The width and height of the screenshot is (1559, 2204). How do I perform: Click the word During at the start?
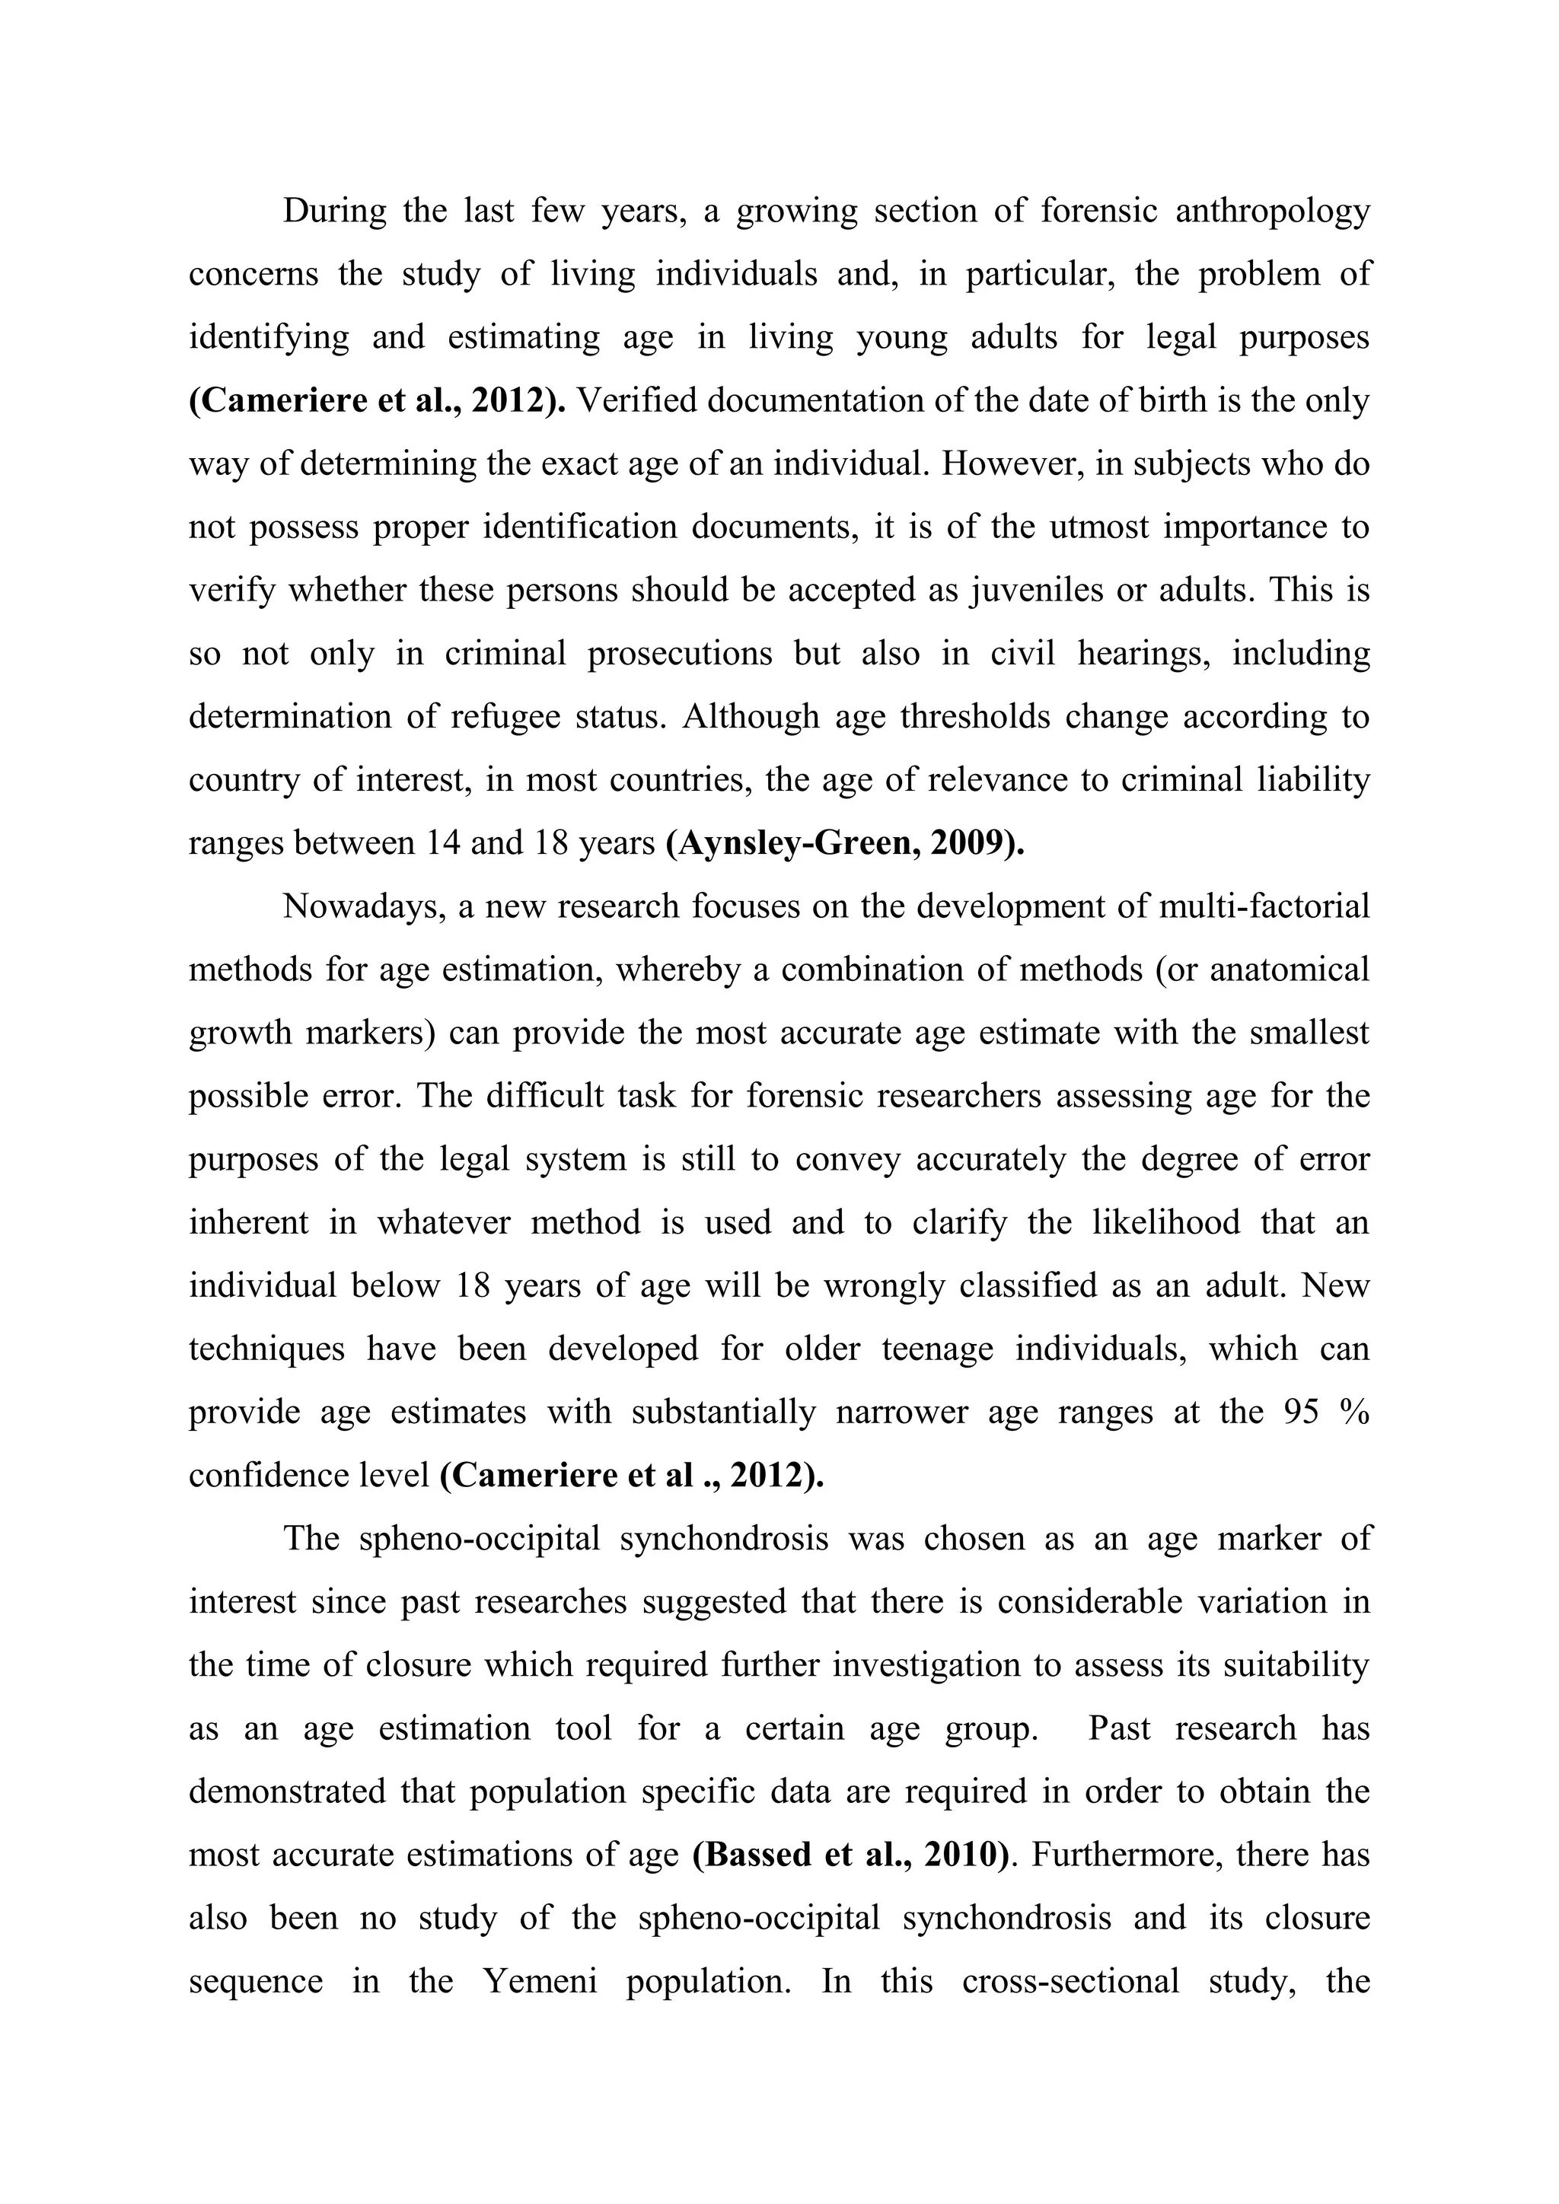point(334,210)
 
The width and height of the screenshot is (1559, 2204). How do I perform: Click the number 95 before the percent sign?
point(1302,1412)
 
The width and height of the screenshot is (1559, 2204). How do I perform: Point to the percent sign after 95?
point(1356,1412)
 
